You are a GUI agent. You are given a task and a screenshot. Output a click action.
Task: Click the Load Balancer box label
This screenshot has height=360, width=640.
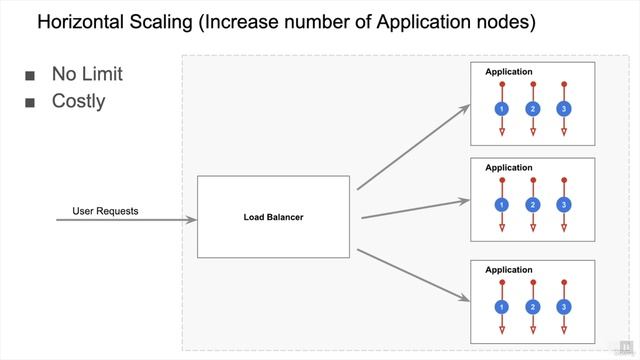coord(273,217)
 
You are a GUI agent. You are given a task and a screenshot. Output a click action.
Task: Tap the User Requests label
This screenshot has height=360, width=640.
coord(105,211)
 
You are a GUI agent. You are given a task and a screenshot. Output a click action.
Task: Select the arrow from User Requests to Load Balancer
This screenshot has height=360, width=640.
coord(125,219)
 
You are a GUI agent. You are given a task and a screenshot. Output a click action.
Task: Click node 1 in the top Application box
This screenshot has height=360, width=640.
coord(502,108)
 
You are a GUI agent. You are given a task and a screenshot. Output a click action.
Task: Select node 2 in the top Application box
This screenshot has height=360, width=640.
coord(533,108)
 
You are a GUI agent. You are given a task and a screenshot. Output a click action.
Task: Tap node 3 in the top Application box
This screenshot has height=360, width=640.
coord(564,108)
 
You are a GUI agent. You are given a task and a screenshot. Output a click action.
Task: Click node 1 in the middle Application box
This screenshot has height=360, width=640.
coord(502,204)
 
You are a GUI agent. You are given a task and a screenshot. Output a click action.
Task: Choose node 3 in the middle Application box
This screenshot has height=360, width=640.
coord(564,204)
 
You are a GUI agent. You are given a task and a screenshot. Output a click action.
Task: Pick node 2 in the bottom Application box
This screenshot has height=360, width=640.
coord(533,306)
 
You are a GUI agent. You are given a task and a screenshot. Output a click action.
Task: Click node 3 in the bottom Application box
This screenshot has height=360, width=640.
coord(564,306)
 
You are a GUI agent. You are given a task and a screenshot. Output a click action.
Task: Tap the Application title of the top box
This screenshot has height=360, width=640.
coord(508,72)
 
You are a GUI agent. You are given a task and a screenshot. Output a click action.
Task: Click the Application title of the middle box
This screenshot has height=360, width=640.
coord(508,168)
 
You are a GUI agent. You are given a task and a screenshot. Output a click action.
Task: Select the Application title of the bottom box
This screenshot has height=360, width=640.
coord(508,270)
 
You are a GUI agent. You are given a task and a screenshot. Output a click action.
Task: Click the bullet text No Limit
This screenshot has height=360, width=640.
coord(87,75)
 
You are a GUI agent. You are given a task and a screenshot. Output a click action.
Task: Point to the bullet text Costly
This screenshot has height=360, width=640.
coord(78,101)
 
